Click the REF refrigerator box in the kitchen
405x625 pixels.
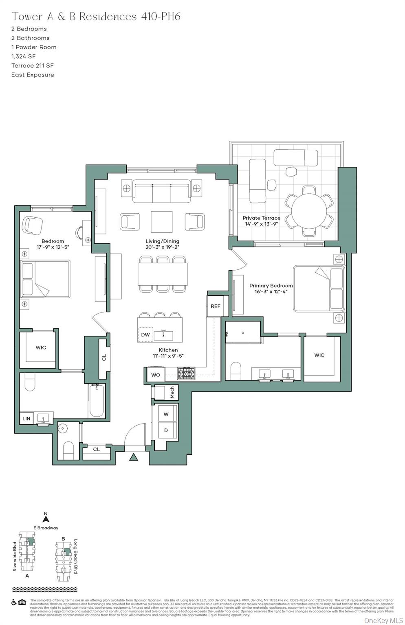coord(215,306)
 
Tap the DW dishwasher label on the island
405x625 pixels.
coord(145,335)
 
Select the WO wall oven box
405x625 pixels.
coord(156,375)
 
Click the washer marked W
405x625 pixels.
coord(166,414)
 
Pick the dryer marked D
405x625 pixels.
coord(166,430)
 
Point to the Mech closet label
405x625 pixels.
coord(172,392)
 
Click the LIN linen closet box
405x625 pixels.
coord(26,418)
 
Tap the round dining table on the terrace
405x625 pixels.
coord(309,211)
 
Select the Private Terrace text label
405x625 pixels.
coord(261,218)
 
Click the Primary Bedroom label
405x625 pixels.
coord(271,286)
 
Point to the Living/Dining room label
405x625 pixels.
coord(162,241)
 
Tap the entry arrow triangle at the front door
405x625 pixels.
coord(134,457)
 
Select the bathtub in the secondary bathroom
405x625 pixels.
coord(97,401)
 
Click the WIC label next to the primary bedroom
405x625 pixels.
coord(319,355)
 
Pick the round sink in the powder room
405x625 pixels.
coord(63,428)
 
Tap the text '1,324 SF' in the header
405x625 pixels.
coord(23,57)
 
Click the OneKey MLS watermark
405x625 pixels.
coord(383,620)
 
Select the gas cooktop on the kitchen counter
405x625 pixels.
coord(186,373)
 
